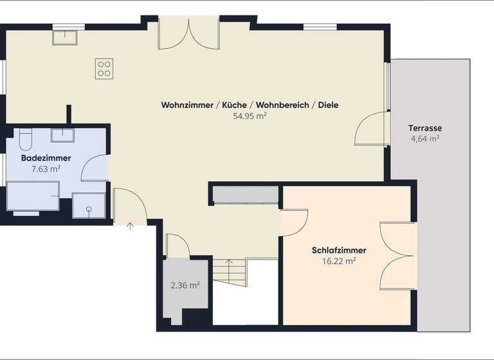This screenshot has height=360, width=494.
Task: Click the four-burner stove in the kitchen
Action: point(104,68)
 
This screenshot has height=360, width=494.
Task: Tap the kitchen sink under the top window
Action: point(65,38)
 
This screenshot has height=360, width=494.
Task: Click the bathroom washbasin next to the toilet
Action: point(62,135)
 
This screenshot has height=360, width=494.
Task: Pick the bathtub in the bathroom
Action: point(32,195)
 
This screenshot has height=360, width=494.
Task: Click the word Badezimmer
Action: point(46,158)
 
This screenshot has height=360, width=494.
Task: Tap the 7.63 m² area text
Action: point(46,169)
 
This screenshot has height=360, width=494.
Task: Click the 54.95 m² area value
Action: point(250,116)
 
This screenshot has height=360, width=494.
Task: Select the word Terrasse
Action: point(425,127)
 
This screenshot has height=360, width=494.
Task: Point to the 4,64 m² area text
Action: point(425,138)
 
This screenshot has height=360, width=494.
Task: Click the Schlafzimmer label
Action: point(339,250)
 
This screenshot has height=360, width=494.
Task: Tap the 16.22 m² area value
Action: point(339,261)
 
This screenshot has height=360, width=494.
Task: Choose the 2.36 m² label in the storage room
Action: point(185,285)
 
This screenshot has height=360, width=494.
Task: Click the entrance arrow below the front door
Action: point(131,226)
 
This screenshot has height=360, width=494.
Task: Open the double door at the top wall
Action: point(188,33)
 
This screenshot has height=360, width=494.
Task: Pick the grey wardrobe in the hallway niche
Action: point(245,195)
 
